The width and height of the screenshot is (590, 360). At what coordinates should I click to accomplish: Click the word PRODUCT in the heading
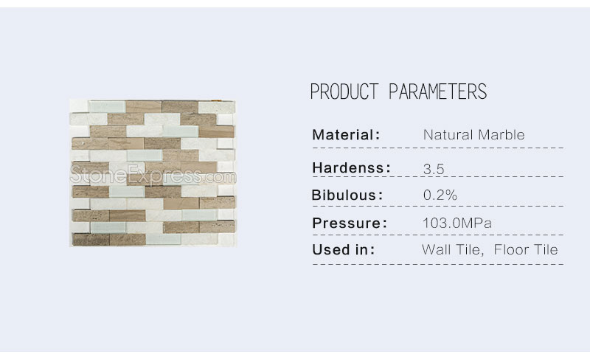pyautogui.click(x=344, y=91)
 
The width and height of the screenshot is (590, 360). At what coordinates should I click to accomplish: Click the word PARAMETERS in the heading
pyautogui.click(x=437, y=91)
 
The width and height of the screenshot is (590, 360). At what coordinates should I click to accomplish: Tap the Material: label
pyautogui.click(x=346, y=135)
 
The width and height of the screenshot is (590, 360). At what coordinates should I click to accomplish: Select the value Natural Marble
pyautogui.click(x=473, y=135)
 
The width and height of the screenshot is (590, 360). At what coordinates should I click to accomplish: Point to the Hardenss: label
pyautogui.click(x=352, y=168)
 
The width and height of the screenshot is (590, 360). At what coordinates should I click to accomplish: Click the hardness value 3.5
pyautogui.click(x=434, y=169)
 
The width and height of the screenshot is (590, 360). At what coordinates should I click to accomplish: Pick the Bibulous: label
pyautogui.click(x=347, y=195)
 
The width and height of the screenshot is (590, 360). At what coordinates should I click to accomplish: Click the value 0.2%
pyautogui.click(x=440, y=195)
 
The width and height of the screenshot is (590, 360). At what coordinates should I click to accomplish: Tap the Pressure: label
pyautogui.click(x=350, y=223)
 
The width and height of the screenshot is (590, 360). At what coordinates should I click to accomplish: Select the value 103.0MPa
pyautogui.click(x=457, y=223)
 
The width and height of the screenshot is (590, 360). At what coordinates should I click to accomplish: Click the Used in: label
pyautogui.click(x=344, y=249)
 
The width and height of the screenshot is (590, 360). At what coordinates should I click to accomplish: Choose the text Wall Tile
pyautogui.click(x=452, y=249)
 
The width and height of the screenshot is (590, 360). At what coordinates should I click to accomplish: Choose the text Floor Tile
pyautogui.click(x=526, y=249)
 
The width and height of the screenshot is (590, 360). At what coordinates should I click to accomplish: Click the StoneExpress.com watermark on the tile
pyautogui.click(x=153, y=175)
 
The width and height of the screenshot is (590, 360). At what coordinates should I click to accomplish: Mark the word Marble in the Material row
pyautogui.click(x=502, y=135)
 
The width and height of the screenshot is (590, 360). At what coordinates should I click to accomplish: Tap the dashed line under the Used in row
pyautogui.click(x=438, y=264)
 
